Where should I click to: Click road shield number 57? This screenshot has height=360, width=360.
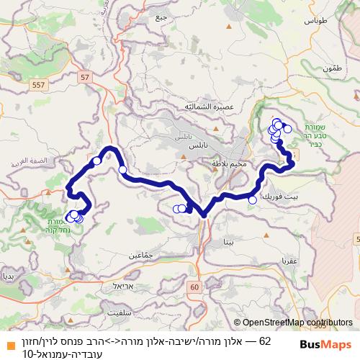[x=86, y=76]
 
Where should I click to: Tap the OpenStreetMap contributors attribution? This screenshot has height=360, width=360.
[x=297, y=323]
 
